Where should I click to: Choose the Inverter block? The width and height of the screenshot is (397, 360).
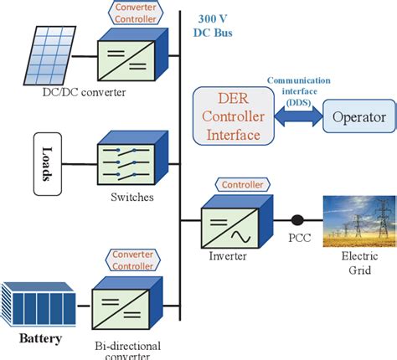pyautogui.click(x=228, y=223)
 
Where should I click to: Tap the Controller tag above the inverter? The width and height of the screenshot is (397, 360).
pyautogui.click(x=243, y=184)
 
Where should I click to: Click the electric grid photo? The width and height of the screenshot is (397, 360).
pyautogui.click(x=358, y=222)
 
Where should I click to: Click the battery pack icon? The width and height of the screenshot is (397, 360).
pyautogui.click(x=39, y=306)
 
